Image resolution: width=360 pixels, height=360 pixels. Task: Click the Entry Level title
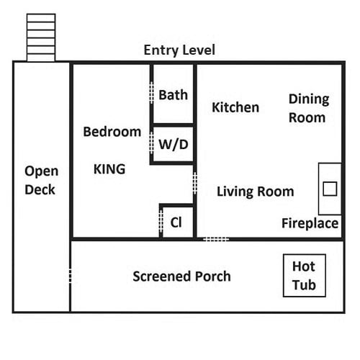179,50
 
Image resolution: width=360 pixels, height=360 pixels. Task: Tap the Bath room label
173,95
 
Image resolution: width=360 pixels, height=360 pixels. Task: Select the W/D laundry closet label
174,145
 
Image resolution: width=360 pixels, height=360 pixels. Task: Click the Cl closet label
176,222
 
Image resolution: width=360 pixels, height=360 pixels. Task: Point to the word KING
109,169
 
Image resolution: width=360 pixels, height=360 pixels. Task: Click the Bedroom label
112,132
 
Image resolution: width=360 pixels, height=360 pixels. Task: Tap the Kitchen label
235,107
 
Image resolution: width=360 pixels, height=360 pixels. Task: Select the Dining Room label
309,109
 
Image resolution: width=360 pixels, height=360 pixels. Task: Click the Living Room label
256,192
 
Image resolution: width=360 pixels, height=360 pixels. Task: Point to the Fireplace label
310,223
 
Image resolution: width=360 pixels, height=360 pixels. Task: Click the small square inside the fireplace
330,189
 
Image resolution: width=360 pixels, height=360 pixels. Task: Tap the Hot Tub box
305,276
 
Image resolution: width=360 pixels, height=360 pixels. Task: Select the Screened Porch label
181,276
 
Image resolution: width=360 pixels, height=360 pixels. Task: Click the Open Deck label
41,181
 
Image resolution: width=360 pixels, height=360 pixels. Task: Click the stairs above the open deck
41,37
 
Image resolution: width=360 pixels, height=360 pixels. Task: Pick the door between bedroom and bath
151,93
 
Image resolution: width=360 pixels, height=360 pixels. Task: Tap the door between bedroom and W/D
151,143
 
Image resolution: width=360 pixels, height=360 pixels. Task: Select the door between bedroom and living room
195,183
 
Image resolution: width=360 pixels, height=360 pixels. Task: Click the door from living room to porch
216,239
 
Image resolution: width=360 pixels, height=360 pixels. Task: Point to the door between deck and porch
70,276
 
